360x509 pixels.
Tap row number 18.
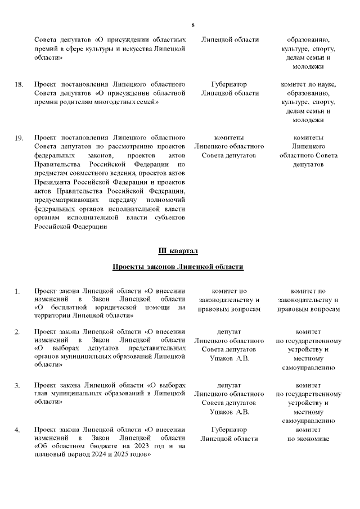(x=19, y=85)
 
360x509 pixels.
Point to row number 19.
(x=19, y=138)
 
